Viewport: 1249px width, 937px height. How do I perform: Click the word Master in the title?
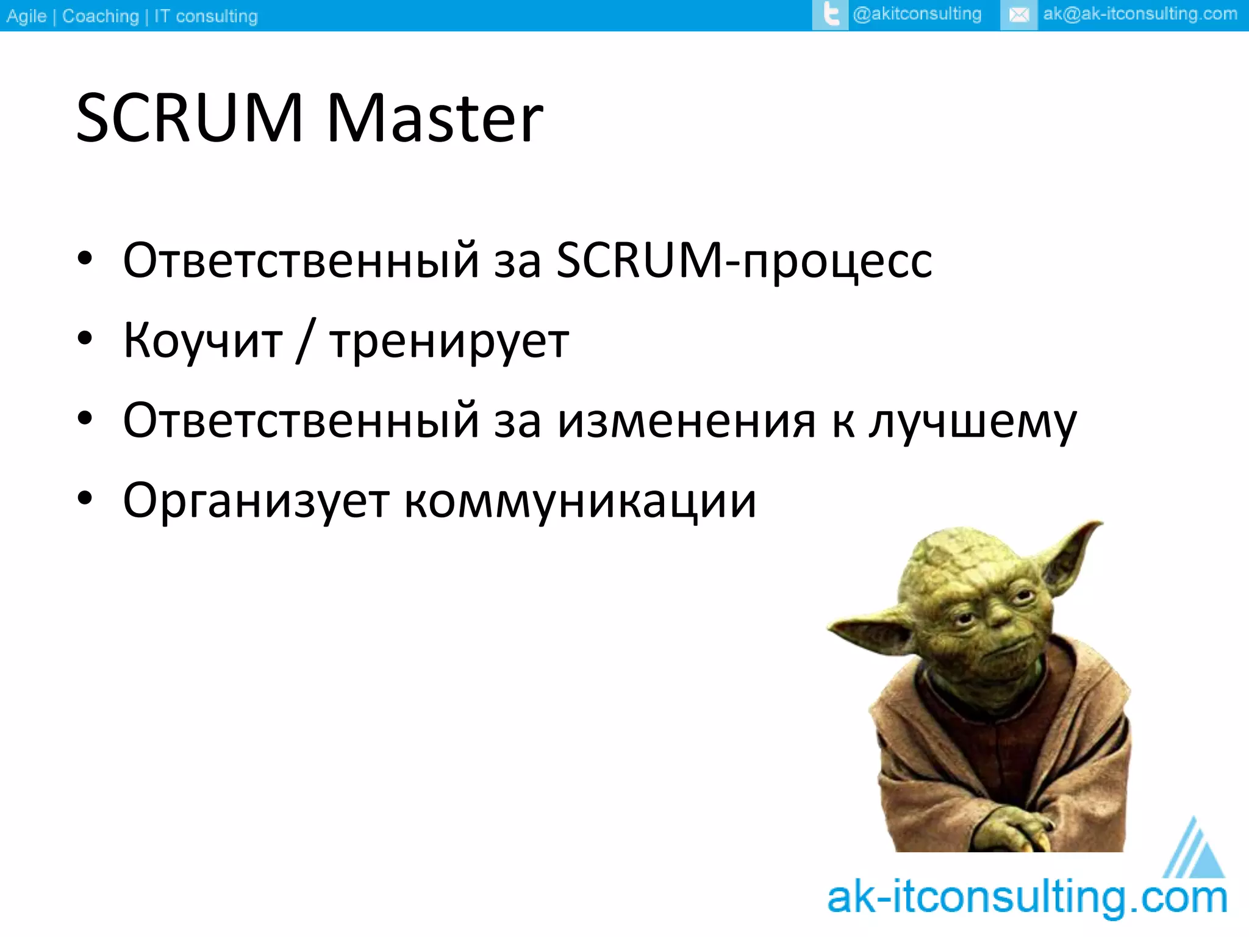click(434, 118)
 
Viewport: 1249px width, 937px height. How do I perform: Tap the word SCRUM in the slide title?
click(190, 118)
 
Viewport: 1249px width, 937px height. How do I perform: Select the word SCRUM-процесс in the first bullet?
click(744, 261)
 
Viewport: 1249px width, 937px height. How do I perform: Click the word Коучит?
click(203, 340)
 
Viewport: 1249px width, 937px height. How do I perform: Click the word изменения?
click(687, 421)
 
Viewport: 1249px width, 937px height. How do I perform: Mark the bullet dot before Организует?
click(85, 498)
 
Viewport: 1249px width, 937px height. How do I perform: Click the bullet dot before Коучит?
click(85, 338)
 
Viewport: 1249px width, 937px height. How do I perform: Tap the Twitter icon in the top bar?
click(831, 15)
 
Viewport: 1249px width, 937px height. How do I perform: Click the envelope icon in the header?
click(1019, 15)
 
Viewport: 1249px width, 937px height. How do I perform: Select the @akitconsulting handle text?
click(917, 14)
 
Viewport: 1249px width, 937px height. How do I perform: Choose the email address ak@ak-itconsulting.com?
click(1140, 14)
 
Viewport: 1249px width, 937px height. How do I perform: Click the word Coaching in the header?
click(101, 16)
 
